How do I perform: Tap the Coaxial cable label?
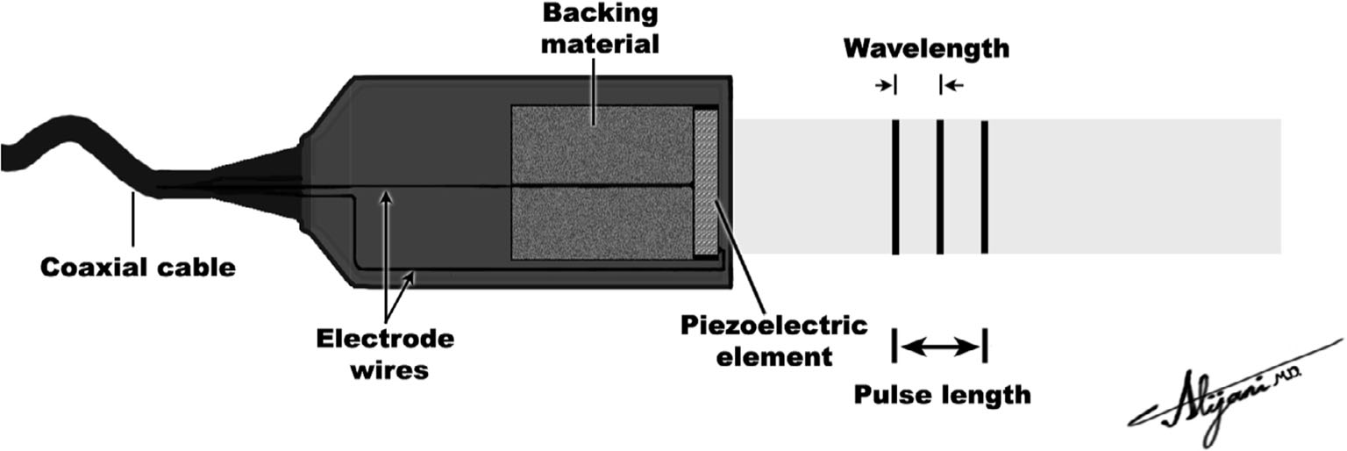pyautogui.click(x=139, y=267)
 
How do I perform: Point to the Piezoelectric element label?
pyautogui.click(x=774, y=341)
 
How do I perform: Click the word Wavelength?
pyautogui.click(x=926, y=48)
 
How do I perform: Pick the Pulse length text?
pyautogui.click(x=943, y=395)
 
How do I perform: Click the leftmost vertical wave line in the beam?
pyautogui.click(x=895, y=186)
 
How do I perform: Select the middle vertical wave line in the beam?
pyautogui.click(x=939, y=186)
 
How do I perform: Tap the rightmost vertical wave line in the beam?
pyautogui.click(x=984, y=186)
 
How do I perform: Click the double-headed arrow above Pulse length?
pyautogui.click(x=940, y=347)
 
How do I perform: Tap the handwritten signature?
pyautogui.click(x=1228, y=390)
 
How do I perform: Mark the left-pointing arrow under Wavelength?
pyautogui.click(x=953, y=85)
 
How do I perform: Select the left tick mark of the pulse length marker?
pyautogui.click(x=894, y=346)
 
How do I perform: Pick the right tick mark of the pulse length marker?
pyautogui.click(x=985, y=346)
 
